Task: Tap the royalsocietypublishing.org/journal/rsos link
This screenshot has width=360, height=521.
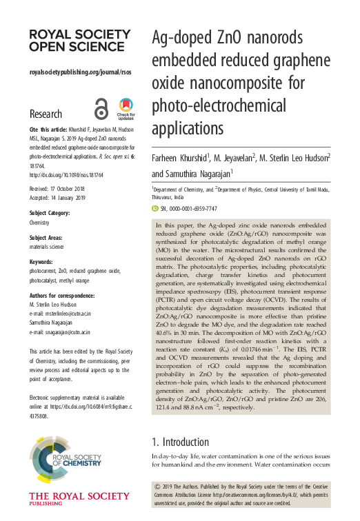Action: (80, 72)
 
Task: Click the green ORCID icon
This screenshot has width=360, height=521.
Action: (156, 208)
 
